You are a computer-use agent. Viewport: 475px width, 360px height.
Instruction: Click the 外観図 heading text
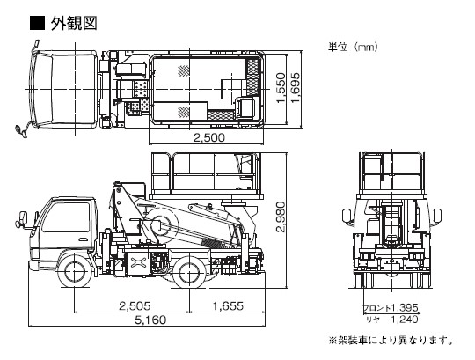tap(74, 24)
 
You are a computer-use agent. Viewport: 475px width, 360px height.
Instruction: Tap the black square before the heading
tap(37, 23)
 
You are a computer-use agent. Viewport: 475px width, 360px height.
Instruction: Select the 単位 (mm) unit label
tap(353, 47)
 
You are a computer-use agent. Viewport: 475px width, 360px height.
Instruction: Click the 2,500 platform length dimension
tap(209, 137)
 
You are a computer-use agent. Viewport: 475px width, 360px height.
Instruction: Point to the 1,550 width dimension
tap(281, 88)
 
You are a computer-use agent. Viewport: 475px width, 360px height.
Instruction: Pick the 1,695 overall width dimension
tap(296, 87)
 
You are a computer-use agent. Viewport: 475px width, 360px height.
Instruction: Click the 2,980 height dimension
tap(281, 217)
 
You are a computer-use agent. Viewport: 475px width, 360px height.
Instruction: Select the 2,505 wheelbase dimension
tap(135, 305)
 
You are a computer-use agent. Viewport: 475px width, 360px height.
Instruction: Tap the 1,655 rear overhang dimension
tap(228, 305)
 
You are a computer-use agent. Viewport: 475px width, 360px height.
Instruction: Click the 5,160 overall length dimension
tap(150, 320)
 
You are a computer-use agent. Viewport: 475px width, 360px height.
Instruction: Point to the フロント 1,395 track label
tap(391, 308)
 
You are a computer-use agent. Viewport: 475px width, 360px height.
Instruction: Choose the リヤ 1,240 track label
tap(392, 320)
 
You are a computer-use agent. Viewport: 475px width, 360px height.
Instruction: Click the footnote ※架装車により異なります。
tap(391, 340)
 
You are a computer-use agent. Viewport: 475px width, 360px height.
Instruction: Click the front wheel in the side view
tap(74, 271)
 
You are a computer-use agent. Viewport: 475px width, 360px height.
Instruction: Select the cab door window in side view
tap(66, 217)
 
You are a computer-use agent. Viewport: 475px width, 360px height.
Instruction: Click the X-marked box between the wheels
tap(138, 261)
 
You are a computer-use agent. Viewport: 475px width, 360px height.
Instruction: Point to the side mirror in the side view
tap(23, 217)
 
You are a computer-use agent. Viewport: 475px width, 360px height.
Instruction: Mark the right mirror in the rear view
tap(437, 216)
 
